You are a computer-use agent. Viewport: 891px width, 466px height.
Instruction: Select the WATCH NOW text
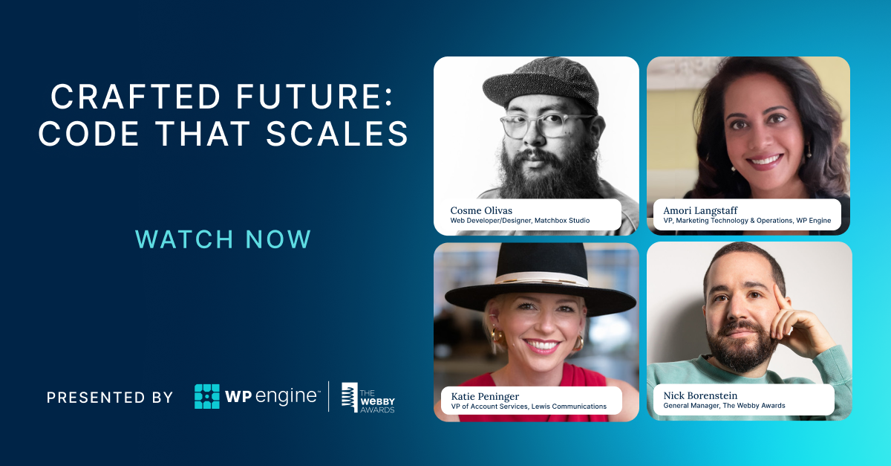(x=223, y=239)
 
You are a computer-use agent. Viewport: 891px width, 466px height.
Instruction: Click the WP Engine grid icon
(x=207, y=396)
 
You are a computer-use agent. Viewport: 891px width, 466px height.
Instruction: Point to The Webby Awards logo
(x=368, y=398)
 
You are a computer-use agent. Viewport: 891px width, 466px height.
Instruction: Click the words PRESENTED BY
(x=109, y=398)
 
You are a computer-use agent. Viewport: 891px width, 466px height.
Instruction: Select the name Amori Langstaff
(x=696, y=210)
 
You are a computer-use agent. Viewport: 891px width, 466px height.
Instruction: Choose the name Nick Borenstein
(x=701, y=395)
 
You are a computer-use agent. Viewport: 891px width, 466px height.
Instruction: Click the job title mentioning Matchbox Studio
(x=520, y=221)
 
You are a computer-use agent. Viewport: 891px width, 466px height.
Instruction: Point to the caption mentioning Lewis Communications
(x=529, y=407)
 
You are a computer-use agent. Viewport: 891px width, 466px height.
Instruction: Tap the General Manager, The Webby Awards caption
(x=724, y=406)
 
